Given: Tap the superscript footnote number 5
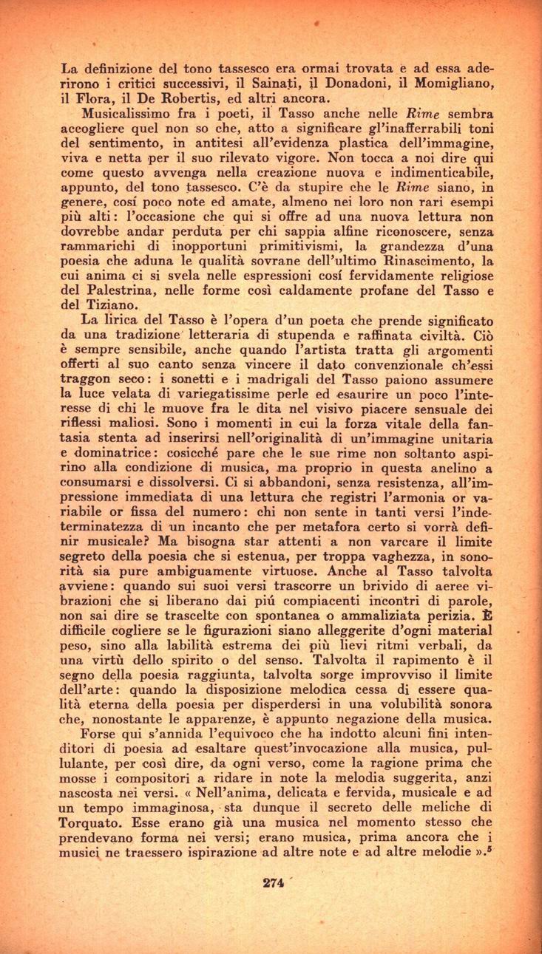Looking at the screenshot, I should point(490,845).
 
